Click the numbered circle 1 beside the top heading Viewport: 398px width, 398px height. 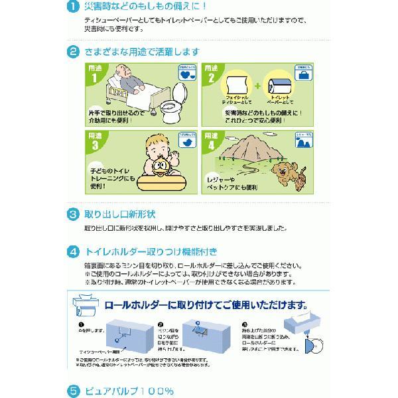point(74,9)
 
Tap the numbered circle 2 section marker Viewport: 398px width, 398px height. point(74,51)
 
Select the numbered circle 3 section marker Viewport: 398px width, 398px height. point(74,214)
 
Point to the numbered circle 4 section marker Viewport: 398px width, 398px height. point(74,252)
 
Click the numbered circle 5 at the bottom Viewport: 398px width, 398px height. point(74,391)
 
